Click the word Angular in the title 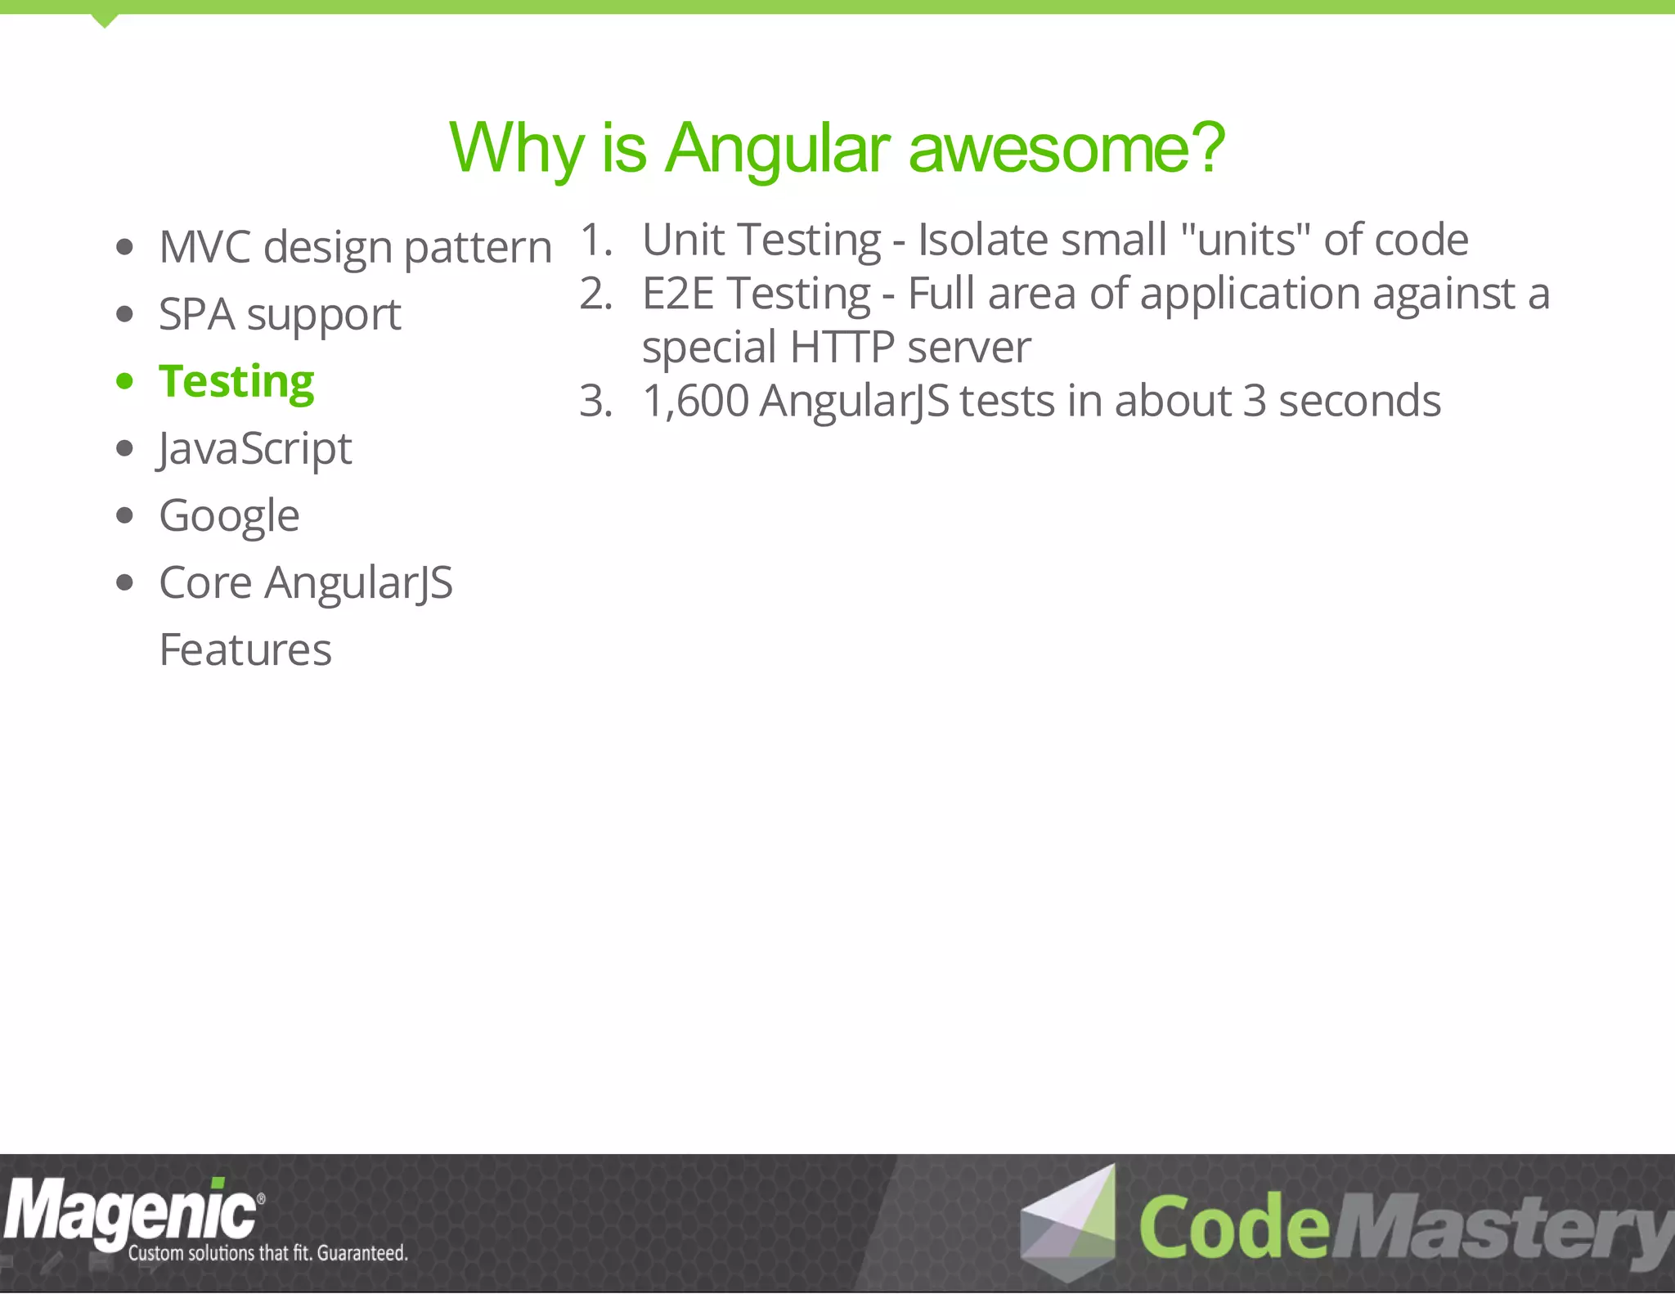pyautogui.click(x=776, y=149)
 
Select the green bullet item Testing pyautogui.click(x=236, y=382)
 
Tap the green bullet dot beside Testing pyautogui.click(x=124, y=381)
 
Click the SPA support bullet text pyautogui.click(x=280, y=315)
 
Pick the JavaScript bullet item pyautogui.click(x=255, y=449)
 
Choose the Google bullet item pyautogui.click(x=229, y=516)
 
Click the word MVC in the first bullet pyautogui.click(x=204, y=247)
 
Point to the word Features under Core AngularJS pyautogui.click(x=245, y=650)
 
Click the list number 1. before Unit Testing pyautogui.click(x=595, y=240)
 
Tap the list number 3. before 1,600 pyautogui.click(x=595, y=401)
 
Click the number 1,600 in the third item pyautogui.click(x=695, y=401)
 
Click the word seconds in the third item pyautogui.click(x=1358, y=401)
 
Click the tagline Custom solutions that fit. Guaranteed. pyautogui.click(x=267, y=1253)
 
